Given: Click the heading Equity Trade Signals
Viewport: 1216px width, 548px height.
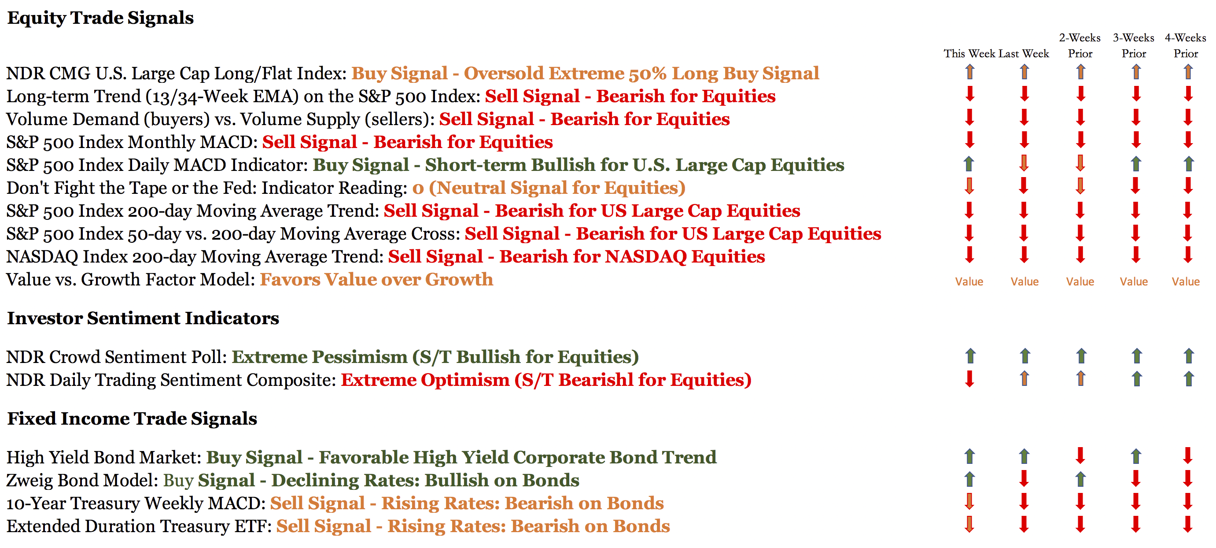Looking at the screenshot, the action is coord(100,18).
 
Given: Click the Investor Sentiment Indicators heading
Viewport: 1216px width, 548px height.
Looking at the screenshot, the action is coord(143,318).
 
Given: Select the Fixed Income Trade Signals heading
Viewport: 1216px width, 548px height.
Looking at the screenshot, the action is coord(132,419).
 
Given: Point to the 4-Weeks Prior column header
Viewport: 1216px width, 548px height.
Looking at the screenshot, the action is coord(1186,45).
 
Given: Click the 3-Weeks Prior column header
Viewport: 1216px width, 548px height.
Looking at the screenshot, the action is coord(1134,45).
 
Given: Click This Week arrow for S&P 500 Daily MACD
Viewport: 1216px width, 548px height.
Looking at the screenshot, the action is coord(969,164).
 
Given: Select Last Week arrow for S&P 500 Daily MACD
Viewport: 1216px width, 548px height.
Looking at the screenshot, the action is coord(1024,163).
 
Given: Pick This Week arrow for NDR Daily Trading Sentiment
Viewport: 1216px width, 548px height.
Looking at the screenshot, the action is coord(969,379).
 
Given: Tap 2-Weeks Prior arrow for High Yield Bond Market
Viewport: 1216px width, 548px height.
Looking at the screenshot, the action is coord(1080,456).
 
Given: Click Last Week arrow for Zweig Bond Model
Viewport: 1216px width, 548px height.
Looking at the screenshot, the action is coord(1024,478).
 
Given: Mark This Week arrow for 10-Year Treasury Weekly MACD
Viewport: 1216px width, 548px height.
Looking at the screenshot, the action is coord(969,502).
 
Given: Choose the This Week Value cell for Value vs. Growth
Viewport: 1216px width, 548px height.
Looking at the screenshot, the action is coord(969,281).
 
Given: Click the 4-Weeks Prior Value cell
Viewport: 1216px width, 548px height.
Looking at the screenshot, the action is coord(1186,281).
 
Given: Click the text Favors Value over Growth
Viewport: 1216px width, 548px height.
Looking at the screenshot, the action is coord(377,280).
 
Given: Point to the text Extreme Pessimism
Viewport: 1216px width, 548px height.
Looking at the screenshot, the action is coord(320,357).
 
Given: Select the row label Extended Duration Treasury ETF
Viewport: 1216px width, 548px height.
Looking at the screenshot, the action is coord(139,526).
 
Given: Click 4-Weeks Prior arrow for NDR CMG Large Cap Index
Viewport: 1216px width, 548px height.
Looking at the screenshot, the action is coord(1188,72).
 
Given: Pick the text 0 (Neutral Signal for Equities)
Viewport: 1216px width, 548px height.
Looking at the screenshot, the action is coord(549,188).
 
